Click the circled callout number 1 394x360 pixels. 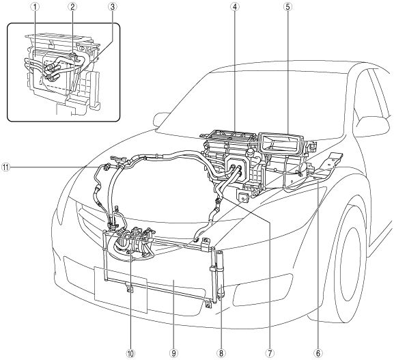pos(36,7)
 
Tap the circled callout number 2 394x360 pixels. pos(72,7)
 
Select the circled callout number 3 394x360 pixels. pos(112,7)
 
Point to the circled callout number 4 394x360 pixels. pos(234,7)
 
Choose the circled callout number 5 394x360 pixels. pos(287,7)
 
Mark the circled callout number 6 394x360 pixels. pos(318,353)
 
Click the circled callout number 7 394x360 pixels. pos(270,353)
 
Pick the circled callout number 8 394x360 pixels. pos(221,353)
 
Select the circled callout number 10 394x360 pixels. pos(130,353)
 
